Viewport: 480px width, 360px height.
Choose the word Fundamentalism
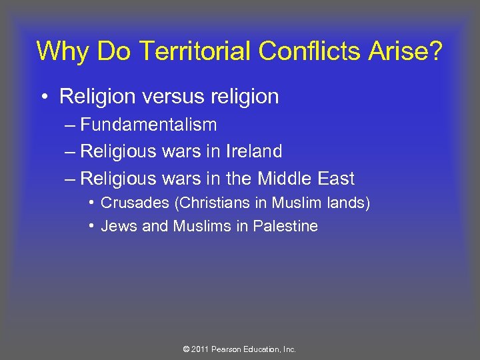click(x=148, y=125)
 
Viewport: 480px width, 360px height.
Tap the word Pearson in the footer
click(x=229, y=349)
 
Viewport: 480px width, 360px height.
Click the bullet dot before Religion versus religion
click(x=43, y=97)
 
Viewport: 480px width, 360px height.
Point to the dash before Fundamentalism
click(x=69, y=125)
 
